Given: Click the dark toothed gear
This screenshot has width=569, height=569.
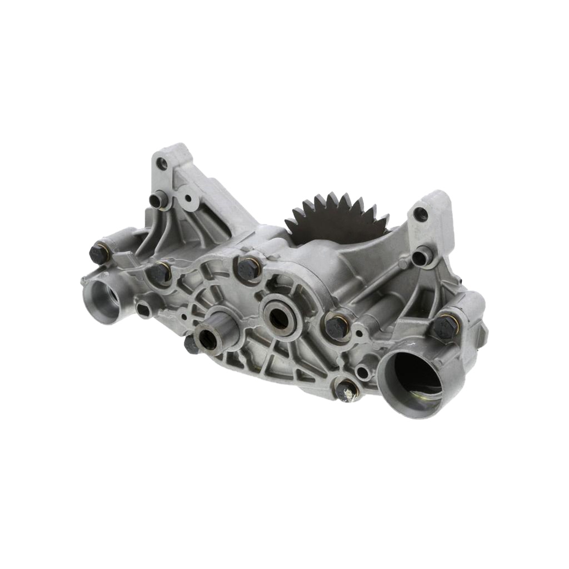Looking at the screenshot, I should pos(336,217).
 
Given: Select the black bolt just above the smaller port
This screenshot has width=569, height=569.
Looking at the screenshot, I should pos(99,254).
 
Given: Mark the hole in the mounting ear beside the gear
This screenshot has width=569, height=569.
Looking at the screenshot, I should pos(421,214).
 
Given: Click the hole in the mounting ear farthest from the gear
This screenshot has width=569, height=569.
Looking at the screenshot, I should pos(161,163).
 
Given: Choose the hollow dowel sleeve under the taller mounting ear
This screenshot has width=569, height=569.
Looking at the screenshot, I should pos(159,199).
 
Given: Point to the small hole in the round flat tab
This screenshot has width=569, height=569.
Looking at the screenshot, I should pos(188,198).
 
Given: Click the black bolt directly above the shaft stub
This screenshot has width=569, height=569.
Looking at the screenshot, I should pos(248,269).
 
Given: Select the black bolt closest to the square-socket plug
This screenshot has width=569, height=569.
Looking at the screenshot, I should pos(159,272).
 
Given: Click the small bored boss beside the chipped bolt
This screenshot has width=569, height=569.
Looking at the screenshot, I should pos(363,372).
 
